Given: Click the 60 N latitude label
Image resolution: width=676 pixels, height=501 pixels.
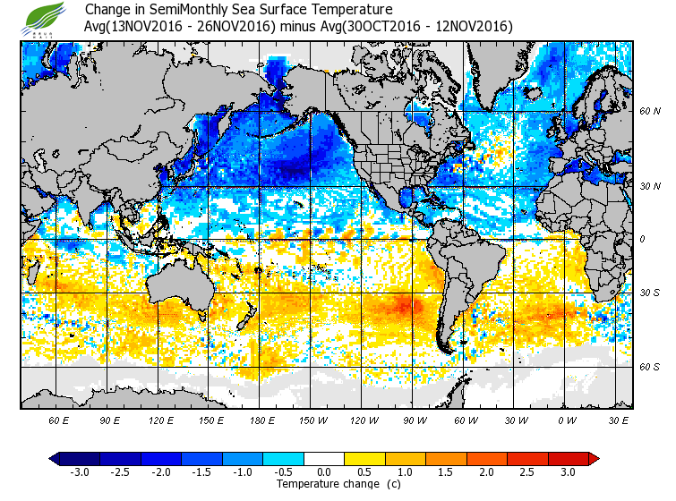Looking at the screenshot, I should click(x=649, y=112).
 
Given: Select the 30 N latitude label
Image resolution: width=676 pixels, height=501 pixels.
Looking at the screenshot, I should click(x=649, y=186).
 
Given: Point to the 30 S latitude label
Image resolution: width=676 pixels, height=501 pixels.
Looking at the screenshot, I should click(x=649, y=293).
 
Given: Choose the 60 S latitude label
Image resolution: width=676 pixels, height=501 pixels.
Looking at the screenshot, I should click(x=649, y=368).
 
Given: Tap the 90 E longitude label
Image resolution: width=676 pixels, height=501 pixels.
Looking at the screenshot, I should click(x=110, y=420).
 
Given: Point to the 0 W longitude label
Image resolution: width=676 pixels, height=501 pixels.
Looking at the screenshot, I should click(x=565, y=420).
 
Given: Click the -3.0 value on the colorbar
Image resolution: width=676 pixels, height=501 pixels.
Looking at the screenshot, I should click(x=79, y=472).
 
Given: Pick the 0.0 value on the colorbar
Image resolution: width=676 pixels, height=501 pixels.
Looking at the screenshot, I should click(x=325, y=472).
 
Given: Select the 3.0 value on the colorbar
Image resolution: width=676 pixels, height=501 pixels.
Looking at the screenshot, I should click(x=569, y=472).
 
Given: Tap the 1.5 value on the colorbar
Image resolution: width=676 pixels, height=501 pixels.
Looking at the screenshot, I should click(x=446, y=472).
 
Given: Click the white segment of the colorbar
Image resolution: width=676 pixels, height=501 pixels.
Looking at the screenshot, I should click(x=324, y=459).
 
